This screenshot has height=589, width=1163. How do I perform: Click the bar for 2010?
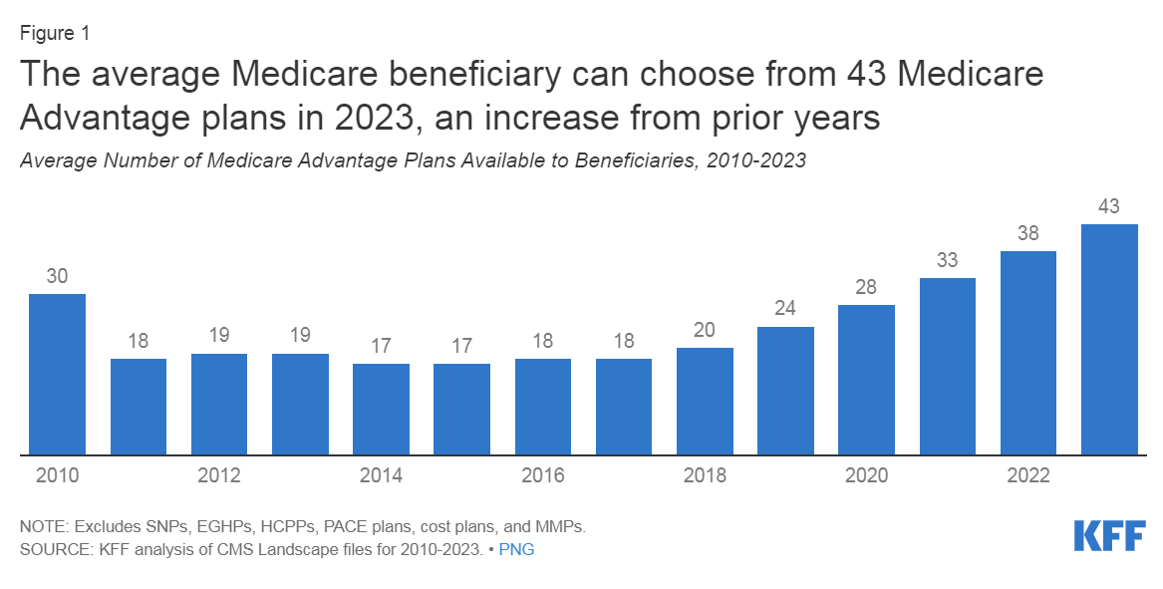point(57,375)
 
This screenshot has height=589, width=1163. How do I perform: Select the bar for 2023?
point(1109,340)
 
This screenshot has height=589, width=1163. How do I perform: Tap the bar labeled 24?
point(785,391)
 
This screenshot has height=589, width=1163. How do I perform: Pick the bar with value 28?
point(866,380)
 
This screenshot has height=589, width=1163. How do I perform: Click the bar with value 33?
point(947,367)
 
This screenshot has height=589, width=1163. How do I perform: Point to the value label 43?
point(1109,207)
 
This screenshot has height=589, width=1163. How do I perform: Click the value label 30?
point(57,277)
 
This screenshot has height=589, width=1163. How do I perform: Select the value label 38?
point(1027,234)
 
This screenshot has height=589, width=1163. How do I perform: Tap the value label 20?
point(705,331)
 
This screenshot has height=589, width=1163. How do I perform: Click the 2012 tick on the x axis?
point(218,476)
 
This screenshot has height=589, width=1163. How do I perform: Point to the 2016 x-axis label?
point(542,476)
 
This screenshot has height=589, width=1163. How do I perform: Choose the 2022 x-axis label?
point(1027,476)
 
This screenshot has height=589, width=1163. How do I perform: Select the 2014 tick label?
point(381,476)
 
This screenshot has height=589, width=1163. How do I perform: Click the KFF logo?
point(1109,534)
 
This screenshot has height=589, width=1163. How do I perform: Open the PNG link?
point(516,549)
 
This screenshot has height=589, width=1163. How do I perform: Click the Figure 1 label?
point(55,33)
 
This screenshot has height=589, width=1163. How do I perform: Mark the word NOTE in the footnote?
point(41,525)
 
